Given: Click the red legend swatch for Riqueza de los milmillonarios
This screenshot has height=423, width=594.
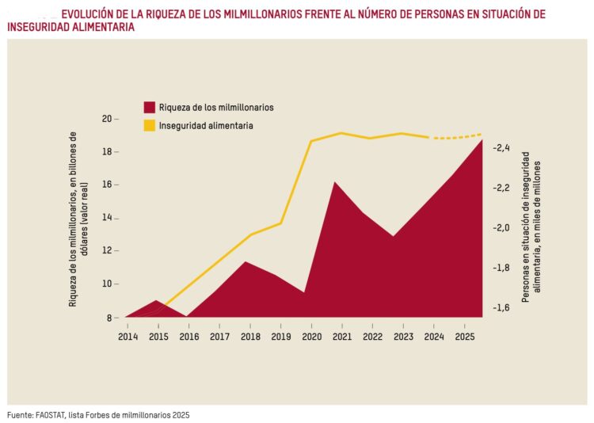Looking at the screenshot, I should point(148,107).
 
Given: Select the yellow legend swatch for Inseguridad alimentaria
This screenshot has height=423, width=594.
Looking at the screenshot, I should point(148,125).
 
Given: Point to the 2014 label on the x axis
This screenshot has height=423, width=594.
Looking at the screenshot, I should point(128,337).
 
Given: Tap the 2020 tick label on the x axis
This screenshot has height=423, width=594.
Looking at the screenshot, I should point(311,337).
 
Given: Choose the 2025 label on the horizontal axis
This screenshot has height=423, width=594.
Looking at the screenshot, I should point(465,337).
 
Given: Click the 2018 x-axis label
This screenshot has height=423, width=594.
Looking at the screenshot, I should point(250,337).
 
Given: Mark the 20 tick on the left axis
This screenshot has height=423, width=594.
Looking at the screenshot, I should point(106,119).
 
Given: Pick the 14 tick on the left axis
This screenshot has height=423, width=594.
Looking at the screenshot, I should point(106,218).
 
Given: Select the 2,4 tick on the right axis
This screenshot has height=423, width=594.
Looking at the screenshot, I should point(501,148).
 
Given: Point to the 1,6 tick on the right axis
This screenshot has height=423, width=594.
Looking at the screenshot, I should point(501,309).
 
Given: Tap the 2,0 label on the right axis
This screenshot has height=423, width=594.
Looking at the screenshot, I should point(501,228).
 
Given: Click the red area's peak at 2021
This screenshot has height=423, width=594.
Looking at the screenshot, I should point(334,183).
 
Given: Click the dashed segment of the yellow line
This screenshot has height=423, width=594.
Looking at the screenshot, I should point(455,137).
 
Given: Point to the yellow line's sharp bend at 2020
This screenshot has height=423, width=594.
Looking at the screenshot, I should point(310,142).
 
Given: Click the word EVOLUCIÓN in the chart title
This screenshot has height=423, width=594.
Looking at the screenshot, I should point(89,14).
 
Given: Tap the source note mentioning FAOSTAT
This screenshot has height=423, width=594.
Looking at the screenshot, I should point(99,414).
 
